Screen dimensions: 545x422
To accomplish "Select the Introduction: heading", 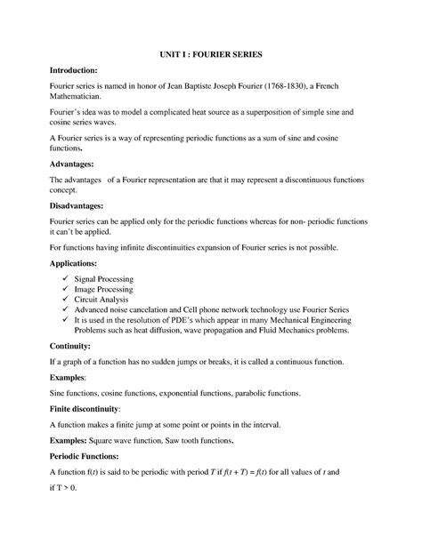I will [x=79, y=68].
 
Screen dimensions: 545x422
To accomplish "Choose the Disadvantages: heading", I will [x=85, y=205].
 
